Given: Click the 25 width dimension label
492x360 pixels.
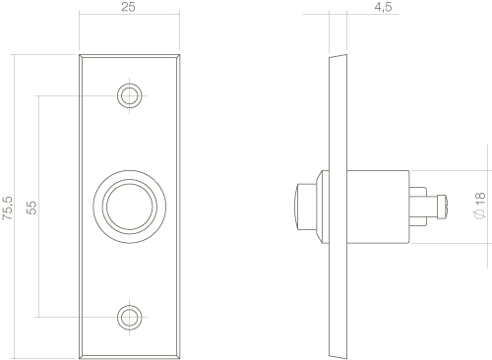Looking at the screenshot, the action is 128,7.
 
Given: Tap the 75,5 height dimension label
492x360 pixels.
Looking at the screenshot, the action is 8,208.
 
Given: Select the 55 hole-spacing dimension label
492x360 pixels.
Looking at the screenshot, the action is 31,208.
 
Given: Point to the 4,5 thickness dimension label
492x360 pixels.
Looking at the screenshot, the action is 383,7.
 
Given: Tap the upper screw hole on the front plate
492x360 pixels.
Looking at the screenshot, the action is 130,95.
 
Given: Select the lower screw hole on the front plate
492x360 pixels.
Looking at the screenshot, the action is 130,317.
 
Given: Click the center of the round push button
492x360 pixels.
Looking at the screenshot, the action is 130,207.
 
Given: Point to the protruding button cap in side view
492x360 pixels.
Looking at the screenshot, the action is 306,207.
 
